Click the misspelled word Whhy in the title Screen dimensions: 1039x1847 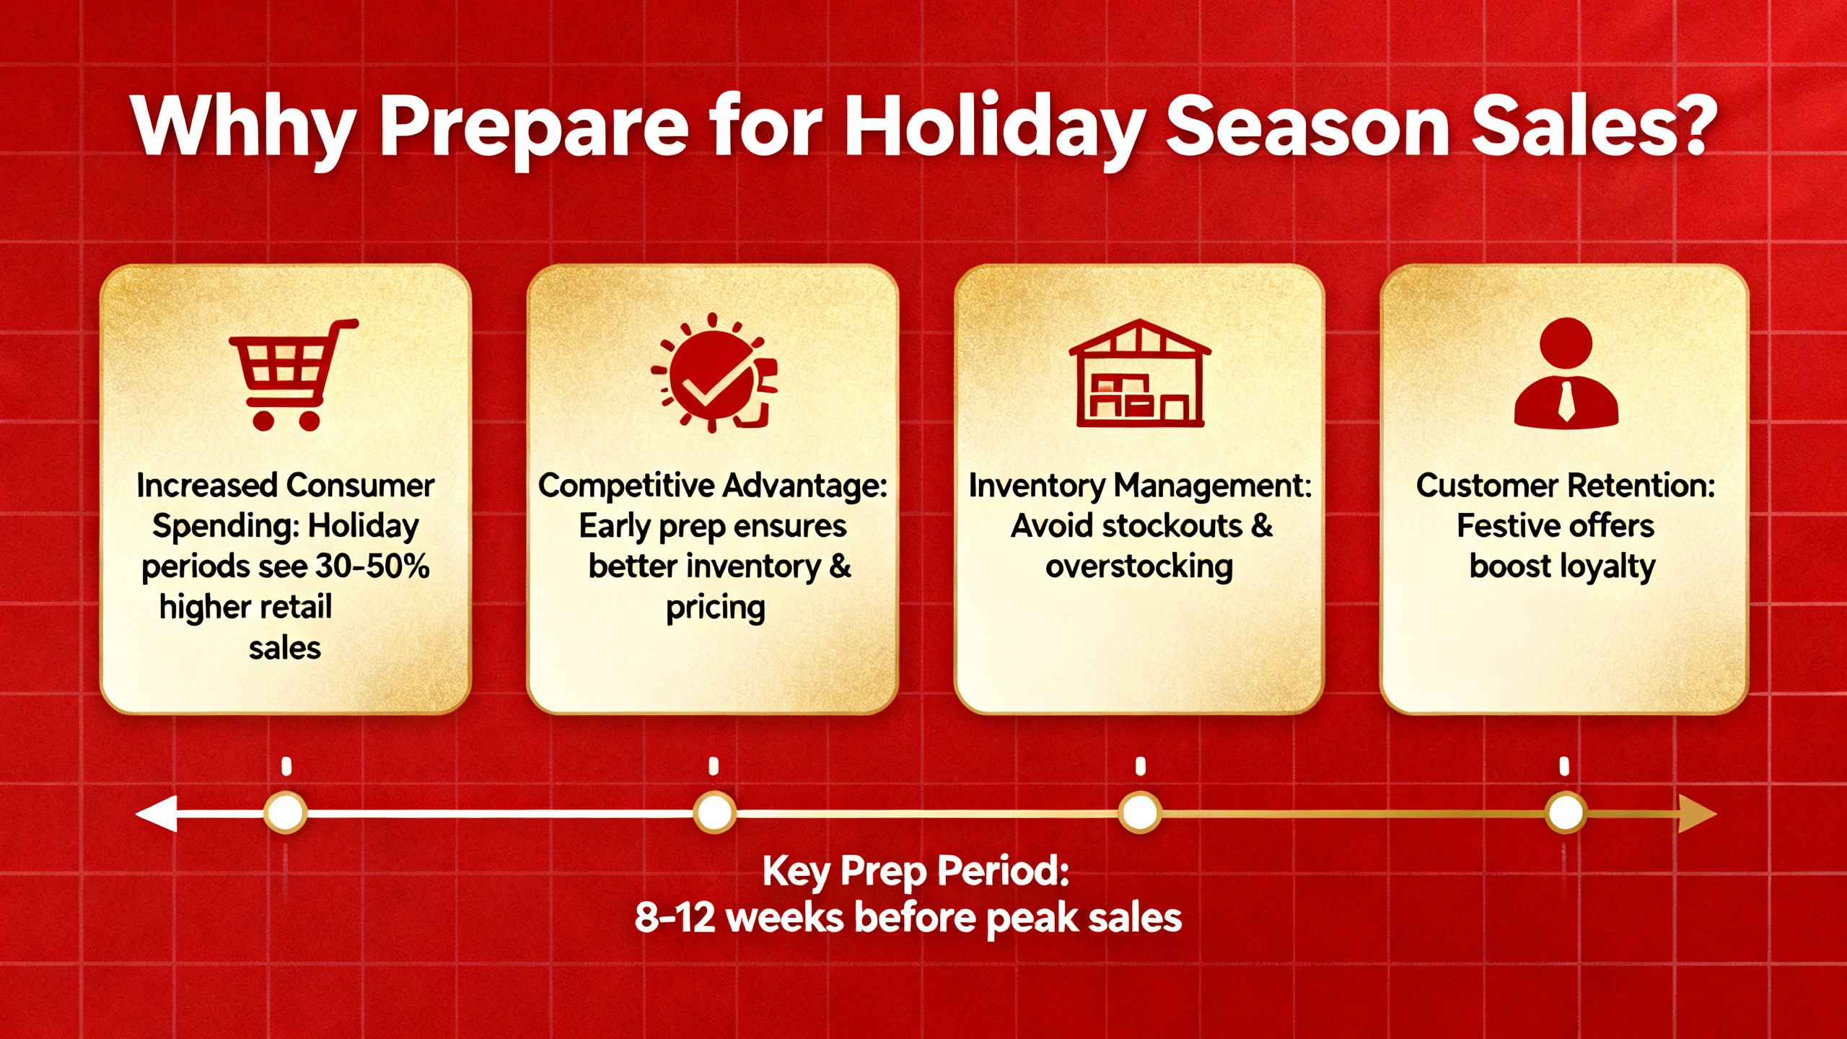[242, 126]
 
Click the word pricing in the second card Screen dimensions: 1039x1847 [715, 608]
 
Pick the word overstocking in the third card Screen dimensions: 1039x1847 [1139, 566]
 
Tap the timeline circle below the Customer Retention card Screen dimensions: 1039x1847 [1565, 813]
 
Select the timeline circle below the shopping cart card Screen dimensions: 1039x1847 [286, 813]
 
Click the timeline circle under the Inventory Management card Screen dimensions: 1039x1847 [1140, 813]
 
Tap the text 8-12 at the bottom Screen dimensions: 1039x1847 [675, 919]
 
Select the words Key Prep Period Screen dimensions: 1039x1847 [915, 871]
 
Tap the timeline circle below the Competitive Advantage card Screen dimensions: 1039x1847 [714, 813]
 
